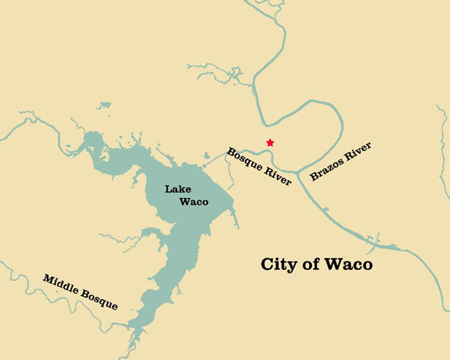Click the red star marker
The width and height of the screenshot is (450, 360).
click(270, 143)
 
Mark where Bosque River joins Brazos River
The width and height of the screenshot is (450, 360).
click(298, 170)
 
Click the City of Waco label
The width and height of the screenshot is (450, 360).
click(316, 264)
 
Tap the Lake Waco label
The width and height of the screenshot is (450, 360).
click(185, 195)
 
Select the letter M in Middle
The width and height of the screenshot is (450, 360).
click(48, 279)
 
